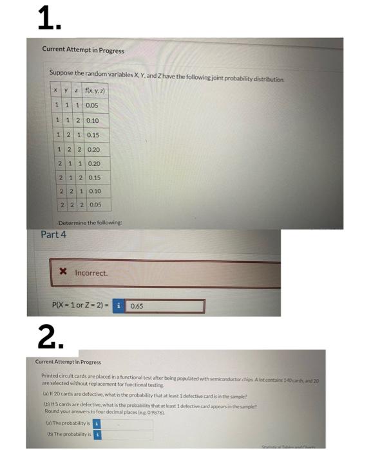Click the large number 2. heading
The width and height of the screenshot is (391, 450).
tap(50, 335)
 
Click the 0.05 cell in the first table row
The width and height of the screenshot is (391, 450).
tap(91, 105)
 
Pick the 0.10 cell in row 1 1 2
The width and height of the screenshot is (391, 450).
tap(91, 120)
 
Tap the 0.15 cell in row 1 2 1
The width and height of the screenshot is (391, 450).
tap(91, 134)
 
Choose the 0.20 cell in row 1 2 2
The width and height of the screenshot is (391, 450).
tap(93, 149)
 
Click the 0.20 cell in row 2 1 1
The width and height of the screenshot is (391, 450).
tap(93, 163)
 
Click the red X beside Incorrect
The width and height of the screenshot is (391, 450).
tap(62, 273)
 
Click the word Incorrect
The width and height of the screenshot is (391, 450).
tap(91, 273)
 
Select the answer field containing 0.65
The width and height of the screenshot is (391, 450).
tap(166, 306)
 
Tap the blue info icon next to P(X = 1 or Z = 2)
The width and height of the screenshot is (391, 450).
tap(119, 306)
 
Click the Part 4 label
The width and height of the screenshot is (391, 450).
tap(53, 234)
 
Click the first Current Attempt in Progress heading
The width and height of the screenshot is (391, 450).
tap(83, 50)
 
